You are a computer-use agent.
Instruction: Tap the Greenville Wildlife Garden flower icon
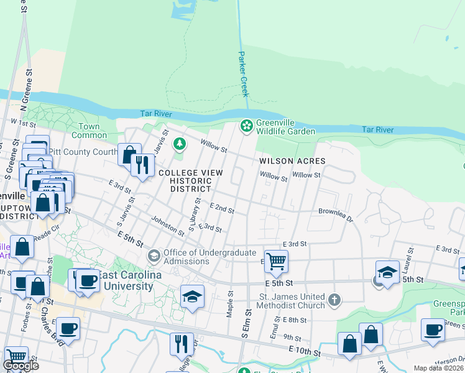click(247, 126)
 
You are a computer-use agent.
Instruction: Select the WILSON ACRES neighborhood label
click(292, 160)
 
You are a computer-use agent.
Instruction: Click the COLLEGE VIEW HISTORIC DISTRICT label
click(185, 181)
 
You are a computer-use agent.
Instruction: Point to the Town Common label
click(89, 131)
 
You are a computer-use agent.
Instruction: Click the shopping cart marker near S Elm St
click(276, 261)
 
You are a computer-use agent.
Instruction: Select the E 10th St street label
click(305, 352)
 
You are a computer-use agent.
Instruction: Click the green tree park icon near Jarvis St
click(180, 144)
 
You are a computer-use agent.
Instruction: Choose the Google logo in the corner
click(21, 366)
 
